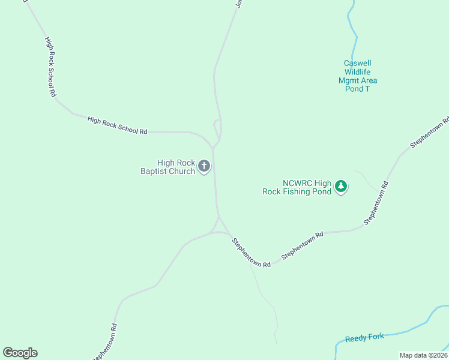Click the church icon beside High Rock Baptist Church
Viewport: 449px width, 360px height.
[204, 166]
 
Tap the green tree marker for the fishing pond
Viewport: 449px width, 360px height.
[341, 187]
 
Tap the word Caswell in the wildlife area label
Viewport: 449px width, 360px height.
[358, 63]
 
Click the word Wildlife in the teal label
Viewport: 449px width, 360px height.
[358, 72]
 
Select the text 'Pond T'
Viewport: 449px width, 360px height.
[358, 89]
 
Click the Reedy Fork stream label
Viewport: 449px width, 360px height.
[364, 338]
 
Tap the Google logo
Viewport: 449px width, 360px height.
[20, 353]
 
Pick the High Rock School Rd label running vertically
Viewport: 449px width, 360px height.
[50, 67]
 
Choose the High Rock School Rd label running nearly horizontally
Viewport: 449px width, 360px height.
[117, 125]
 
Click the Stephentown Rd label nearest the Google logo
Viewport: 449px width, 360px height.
[104, 342]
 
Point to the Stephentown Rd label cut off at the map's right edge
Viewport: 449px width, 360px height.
[430, 132]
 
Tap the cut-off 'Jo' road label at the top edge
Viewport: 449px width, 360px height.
[238, 4]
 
